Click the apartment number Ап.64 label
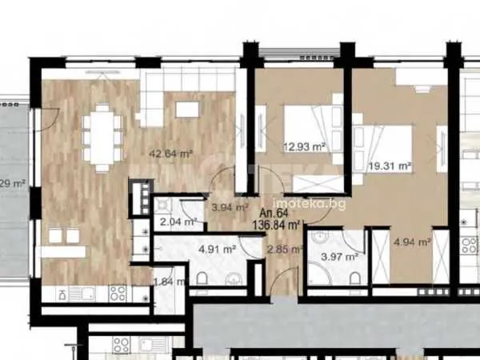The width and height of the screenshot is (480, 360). coord(275,214)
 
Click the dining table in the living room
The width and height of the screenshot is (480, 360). coord(102,138)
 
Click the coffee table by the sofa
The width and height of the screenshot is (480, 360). coord(186,110)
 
